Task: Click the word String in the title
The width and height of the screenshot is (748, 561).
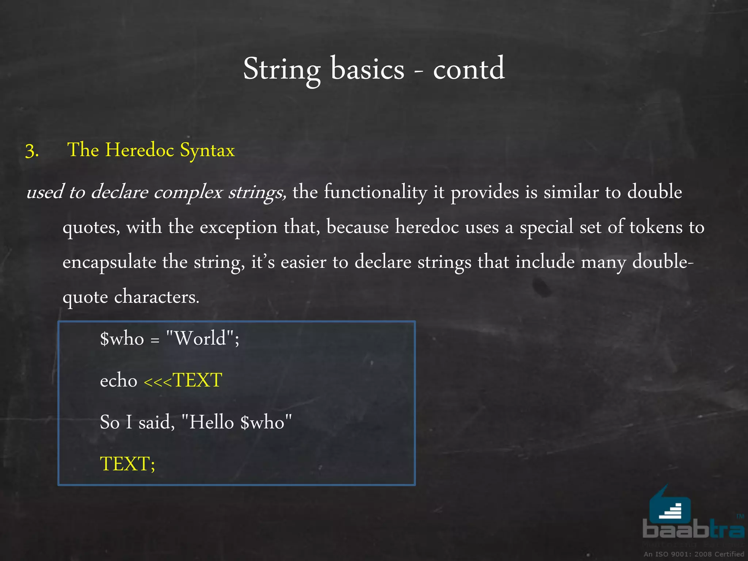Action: click(x=282, y=70)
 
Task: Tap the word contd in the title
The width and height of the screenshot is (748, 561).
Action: click(x=469, y=69)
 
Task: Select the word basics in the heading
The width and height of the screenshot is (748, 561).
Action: click(x=367, y=69)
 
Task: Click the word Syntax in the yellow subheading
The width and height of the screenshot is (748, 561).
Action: click(x=207, y=150)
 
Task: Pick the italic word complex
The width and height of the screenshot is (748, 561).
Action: click(x=188, y=192)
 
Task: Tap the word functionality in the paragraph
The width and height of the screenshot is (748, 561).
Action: click(x=375, y=192)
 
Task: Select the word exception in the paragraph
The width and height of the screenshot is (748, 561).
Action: click(x=238, y=227)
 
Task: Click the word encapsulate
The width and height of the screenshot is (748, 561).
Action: click(x=109, y=262)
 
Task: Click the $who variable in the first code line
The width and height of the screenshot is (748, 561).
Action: click(x=122, y=339)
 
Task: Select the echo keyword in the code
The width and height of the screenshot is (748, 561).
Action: click(x=118, y=381)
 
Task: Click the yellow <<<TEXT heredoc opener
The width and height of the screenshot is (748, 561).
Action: click(x=183, y=381)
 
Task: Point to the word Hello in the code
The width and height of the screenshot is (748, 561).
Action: click(x=211, y=423)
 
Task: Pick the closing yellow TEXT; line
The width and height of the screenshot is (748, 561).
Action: click(x=127, y=464)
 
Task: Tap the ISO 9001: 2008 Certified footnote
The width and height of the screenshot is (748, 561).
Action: click(x=694, y=554)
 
